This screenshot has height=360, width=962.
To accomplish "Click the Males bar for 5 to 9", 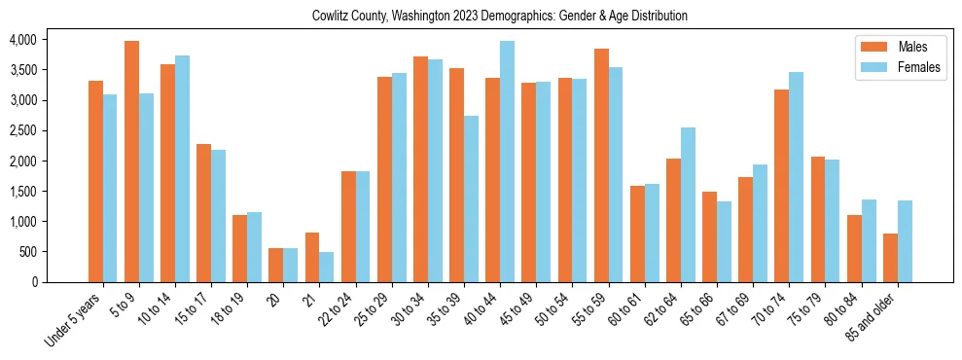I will tap(131, 162).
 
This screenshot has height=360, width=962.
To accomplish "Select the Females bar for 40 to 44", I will tap(507, 162).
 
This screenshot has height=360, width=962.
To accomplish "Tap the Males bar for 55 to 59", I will tap(601, 165).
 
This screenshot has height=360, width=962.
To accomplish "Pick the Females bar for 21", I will tap(326, 267).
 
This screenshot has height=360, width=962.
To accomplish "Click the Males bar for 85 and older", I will tap(890, 258).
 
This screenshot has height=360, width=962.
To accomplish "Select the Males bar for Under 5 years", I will tap(95, 181).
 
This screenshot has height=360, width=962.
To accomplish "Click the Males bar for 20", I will tap(276, 265).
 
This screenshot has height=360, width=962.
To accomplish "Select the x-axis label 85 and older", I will tap(874, 314).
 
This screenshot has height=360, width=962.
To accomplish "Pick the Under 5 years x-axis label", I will tap(74, 317).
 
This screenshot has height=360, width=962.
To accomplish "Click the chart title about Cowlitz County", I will tap(500, 17).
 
